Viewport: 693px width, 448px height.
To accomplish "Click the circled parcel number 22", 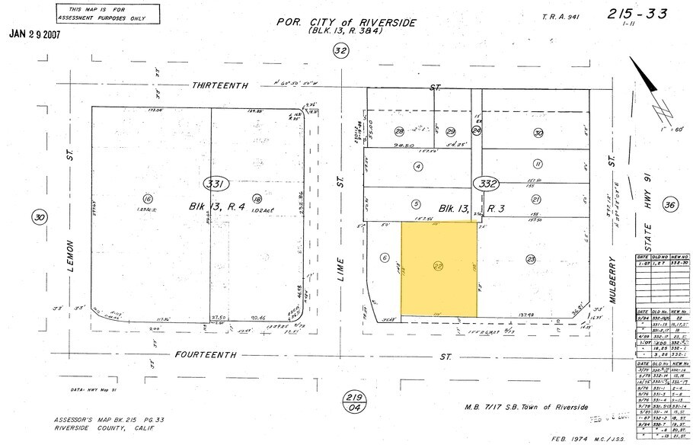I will click(x=438, y=265).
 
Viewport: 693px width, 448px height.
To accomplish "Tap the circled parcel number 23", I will click(x=531, y=259).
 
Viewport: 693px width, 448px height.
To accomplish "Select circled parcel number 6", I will click(x=385, y=258).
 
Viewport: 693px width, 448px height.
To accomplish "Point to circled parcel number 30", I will click(x=538, y=133).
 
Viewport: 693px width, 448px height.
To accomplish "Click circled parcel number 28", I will click(x=399, y=131).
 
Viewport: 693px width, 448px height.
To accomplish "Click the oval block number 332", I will click(x=484, y=184).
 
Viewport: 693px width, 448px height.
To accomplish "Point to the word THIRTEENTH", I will click(x=220, y=86).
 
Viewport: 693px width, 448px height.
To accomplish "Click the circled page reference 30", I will click(x=39, y=218).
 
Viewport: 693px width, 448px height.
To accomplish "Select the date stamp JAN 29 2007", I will click(x=35, y=34).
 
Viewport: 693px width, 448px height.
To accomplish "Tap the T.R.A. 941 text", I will click(x=560, y=16).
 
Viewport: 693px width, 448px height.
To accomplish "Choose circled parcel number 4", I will click(x=417, y=166).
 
